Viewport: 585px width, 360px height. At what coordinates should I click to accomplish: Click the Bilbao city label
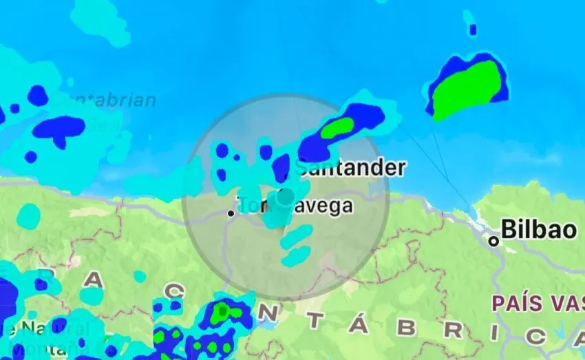539,229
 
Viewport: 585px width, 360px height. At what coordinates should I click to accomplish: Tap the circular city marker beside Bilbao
493,241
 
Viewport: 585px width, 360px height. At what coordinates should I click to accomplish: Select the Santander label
352,168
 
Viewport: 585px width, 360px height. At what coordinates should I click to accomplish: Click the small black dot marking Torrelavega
231,213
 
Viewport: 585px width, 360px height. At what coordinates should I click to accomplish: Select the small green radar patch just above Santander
338,126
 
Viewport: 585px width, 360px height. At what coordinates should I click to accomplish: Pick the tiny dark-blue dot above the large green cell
473,30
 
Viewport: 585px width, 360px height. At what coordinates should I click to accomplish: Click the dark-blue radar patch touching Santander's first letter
281,167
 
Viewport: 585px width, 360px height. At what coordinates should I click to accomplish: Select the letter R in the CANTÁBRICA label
453,330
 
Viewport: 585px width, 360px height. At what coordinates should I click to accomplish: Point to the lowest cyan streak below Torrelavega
296,257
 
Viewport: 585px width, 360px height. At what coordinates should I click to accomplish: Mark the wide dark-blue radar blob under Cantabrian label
60,127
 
